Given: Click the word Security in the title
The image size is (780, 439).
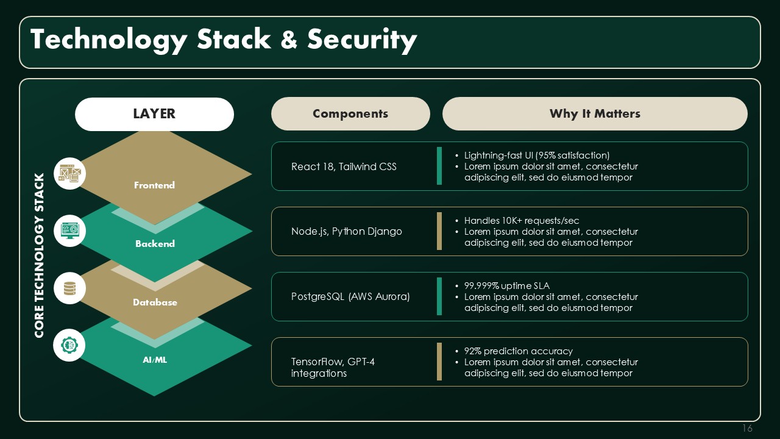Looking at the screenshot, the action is pos(362,40).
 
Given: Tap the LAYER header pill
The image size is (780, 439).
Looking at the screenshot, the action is pos(154,114).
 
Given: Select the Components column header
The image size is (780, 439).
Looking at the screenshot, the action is pos(350,113).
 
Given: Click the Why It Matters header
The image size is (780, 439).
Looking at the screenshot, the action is pos(595,113).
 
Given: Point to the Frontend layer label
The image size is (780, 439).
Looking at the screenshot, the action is pos(154,185).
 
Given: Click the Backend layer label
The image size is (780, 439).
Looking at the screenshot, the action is pos(155,243).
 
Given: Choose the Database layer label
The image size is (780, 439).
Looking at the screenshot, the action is pos(155,302).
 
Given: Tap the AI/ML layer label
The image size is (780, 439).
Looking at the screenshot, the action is pos(155,360).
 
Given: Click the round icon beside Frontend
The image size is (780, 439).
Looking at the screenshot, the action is pos(69,174).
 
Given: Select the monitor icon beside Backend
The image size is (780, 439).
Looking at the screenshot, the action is pos(69,230).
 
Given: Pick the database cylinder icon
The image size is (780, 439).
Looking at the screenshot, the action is pos(69,288).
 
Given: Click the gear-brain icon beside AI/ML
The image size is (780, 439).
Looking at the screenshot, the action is pos(69,345).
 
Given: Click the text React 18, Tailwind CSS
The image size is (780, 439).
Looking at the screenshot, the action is pos(344,166).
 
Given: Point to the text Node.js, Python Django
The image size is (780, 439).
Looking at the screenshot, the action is pos(347,231).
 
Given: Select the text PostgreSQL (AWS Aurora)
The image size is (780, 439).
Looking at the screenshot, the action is pos(350,296).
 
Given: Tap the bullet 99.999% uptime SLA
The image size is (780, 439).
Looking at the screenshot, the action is pos(506,286).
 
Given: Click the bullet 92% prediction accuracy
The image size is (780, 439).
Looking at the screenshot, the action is pos(518,351).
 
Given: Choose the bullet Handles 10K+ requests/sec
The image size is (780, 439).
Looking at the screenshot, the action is pos(521,221).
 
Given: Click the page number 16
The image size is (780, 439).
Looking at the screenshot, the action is pos(747,428).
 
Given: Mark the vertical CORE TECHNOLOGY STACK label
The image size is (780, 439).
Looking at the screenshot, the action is pos(40,255).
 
